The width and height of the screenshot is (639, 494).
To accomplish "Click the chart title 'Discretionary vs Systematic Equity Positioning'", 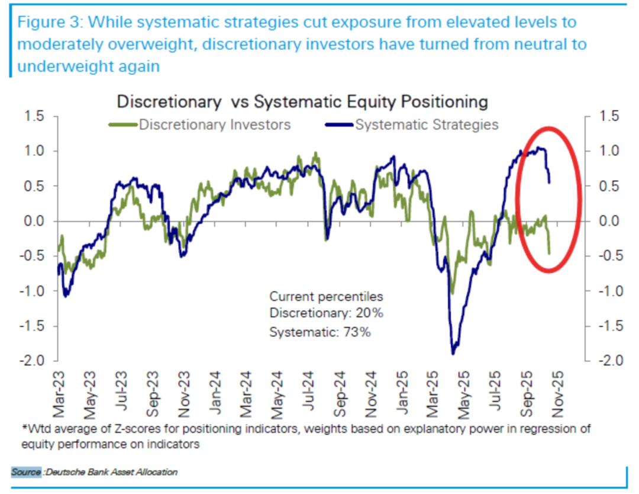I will point(302,102).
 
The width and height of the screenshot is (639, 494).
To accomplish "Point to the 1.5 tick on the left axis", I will point(34,117).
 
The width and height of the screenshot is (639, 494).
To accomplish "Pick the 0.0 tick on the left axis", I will point(34,222).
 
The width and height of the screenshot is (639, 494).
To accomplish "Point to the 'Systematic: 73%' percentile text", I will point(320,332).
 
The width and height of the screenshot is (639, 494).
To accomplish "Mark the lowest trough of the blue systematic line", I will point(454,354).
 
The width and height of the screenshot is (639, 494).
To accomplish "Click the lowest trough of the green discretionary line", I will point(453,293).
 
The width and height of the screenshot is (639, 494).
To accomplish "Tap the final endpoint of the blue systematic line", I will point(550,182).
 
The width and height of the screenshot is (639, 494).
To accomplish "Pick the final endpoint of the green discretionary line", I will point(549,254).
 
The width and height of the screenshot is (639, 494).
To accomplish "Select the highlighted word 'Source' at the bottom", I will point(26,472).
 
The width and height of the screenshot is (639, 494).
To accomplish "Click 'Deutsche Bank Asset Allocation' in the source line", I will point(112,472).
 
